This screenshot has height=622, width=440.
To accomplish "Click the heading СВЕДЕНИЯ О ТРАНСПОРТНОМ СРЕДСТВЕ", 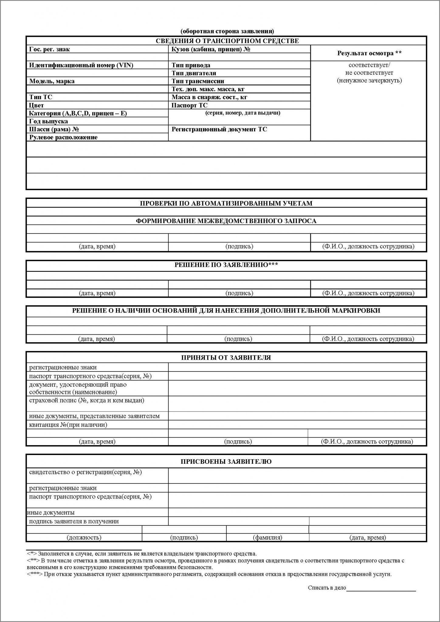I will pos(227,41).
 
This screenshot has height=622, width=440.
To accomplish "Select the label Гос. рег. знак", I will pos(49,49).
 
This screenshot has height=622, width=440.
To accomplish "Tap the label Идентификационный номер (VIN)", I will pos(81,65).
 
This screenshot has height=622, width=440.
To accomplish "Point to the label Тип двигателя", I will pos(194,73).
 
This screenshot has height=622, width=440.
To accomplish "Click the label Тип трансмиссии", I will pos(198,81).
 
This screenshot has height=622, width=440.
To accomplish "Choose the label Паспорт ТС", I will pos(189,105).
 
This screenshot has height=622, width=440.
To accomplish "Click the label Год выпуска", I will pos(48,121).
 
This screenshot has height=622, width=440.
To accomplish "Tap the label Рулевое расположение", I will pos(63,137).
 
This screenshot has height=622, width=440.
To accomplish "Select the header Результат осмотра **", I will pos(369,53).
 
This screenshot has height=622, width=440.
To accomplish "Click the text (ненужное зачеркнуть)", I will pos(369,80).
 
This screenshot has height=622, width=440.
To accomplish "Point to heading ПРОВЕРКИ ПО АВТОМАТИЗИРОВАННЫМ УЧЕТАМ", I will pos(226,203).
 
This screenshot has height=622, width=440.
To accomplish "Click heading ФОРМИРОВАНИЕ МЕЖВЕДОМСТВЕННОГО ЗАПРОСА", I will pos(226,221).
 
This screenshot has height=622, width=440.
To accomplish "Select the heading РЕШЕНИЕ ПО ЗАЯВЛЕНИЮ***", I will pos(226,265).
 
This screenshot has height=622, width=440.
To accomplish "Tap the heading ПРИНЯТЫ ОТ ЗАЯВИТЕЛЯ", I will pos(226,357).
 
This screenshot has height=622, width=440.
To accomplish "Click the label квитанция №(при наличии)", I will pos(68,425).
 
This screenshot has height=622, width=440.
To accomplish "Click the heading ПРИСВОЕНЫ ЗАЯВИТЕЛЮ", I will pos(226,461).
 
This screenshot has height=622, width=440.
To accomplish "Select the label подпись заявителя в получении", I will pos(74,521).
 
